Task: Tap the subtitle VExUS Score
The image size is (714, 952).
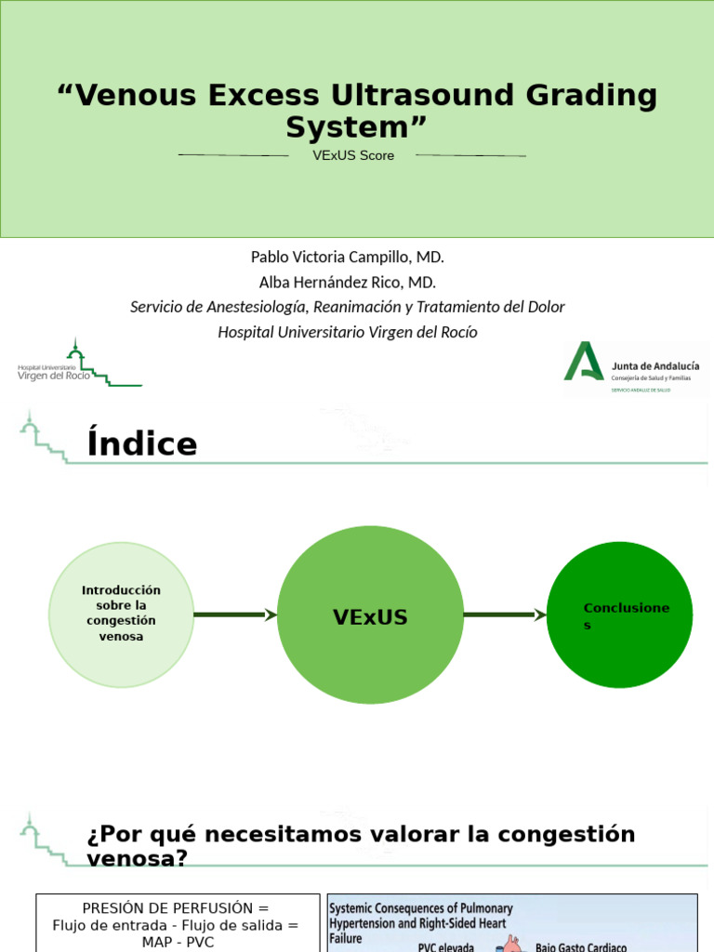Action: click(x=353, y=155)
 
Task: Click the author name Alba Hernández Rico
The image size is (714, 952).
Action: click(x=347, y=282)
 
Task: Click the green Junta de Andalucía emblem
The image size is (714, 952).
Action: click(x=584, y=362)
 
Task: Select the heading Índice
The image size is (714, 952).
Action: click(x=142, y=443)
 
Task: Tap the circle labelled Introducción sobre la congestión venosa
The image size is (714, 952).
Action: click(x=121, y=615)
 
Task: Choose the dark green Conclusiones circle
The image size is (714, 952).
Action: click(x=620, y=615)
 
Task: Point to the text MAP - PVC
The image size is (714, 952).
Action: click(x=175, y=942)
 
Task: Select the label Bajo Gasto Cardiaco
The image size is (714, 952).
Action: click(x=581, y=946)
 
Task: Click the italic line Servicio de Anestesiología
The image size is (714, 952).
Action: click(x=348, y=307)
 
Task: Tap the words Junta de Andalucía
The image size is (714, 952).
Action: click(x=655, y=365)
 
